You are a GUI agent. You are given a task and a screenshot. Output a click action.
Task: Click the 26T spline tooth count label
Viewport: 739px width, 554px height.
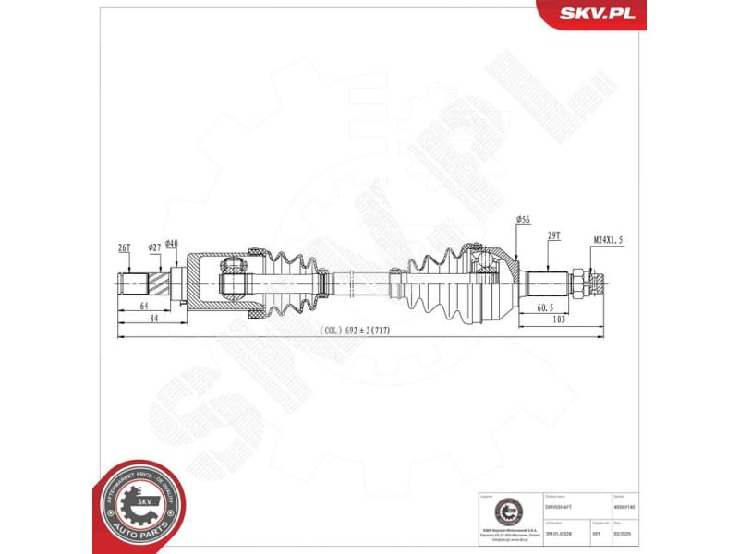click(x=124, y=247)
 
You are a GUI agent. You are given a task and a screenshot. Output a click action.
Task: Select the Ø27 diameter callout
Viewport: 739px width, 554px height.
click(x=154, y=247)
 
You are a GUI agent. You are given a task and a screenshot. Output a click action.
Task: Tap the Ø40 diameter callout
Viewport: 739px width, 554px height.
click(x=171, y=243)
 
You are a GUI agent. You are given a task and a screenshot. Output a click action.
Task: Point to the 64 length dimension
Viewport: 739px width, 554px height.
click(x=143, y=305)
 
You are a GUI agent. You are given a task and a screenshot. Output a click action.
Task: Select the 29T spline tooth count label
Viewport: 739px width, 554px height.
click(x=554, y=237)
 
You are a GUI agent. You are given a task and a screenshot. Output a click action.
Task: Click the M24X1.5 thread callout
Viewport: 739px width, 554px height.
click(x=608, y=240)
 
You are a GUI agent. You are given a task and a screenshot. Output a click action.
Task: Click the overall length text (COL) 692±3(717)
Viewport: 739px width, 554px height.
click(x=359, y=330)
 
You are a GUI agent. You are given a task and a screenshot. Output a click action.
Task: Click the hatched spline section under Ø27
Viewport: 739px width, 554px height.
click(x=168, y=280)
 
